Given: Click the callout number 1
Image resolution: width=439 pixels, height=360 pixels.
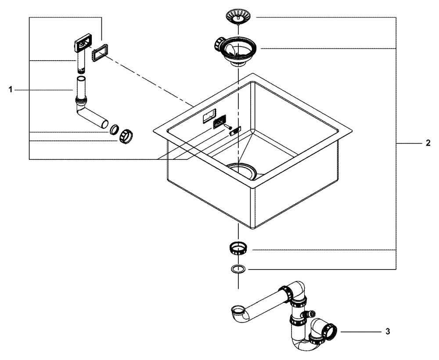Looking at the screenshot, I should click(x=10, y=90).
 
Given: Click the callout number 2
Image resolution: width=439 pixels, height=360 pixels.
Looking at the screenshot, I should click(x=428, y=144).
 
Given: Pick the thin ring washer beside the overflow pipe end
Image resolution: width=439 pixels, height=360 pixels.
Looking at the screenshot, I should click(x=114, y=130).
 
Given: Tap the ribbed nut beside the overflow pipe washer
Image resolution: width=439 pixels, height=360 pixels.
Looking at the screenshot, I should click(x=126, y=136).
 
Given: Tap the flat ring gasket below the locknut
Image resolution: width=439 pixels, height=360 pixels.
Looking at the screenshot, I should click(x=237, y=269).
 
